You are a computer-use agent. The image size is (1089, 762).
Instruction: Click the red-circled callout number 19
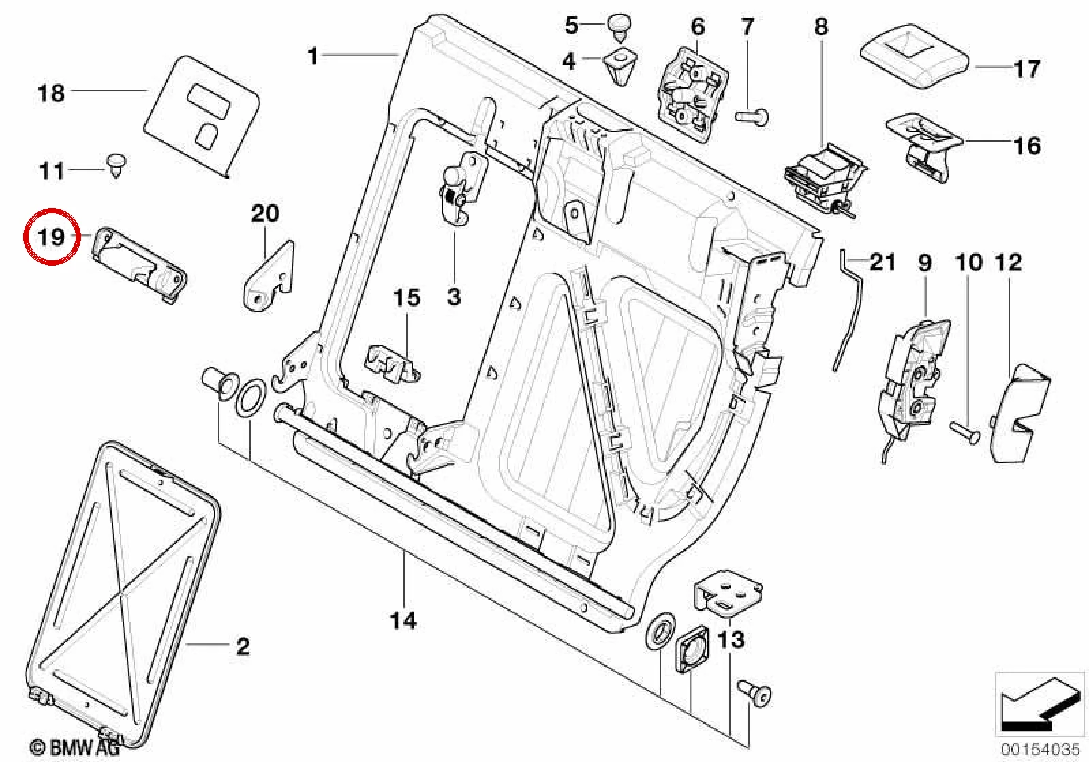coord(51,237)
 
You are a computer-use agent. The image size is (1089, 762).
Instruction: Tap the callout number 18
coord(51,93)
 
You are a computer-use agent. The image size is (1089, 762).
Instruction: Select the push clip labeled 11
coord(117,165)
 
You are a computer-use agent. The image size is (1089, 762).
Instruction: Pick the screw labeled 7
coord(752,118)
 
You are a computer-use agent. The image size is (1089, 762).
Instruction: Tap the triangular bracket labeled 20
coord(269,275)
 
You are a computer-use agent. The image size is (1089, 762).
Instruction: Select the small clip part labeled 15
coord(391,363)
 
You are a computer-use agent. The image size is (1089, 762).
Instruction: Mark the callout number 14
coord(403,620)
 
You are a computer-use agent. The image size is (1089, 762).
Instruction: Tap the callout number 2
coord(243,646)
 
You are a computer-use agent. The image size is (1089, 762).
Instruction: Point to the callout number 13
coord(731,640)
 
